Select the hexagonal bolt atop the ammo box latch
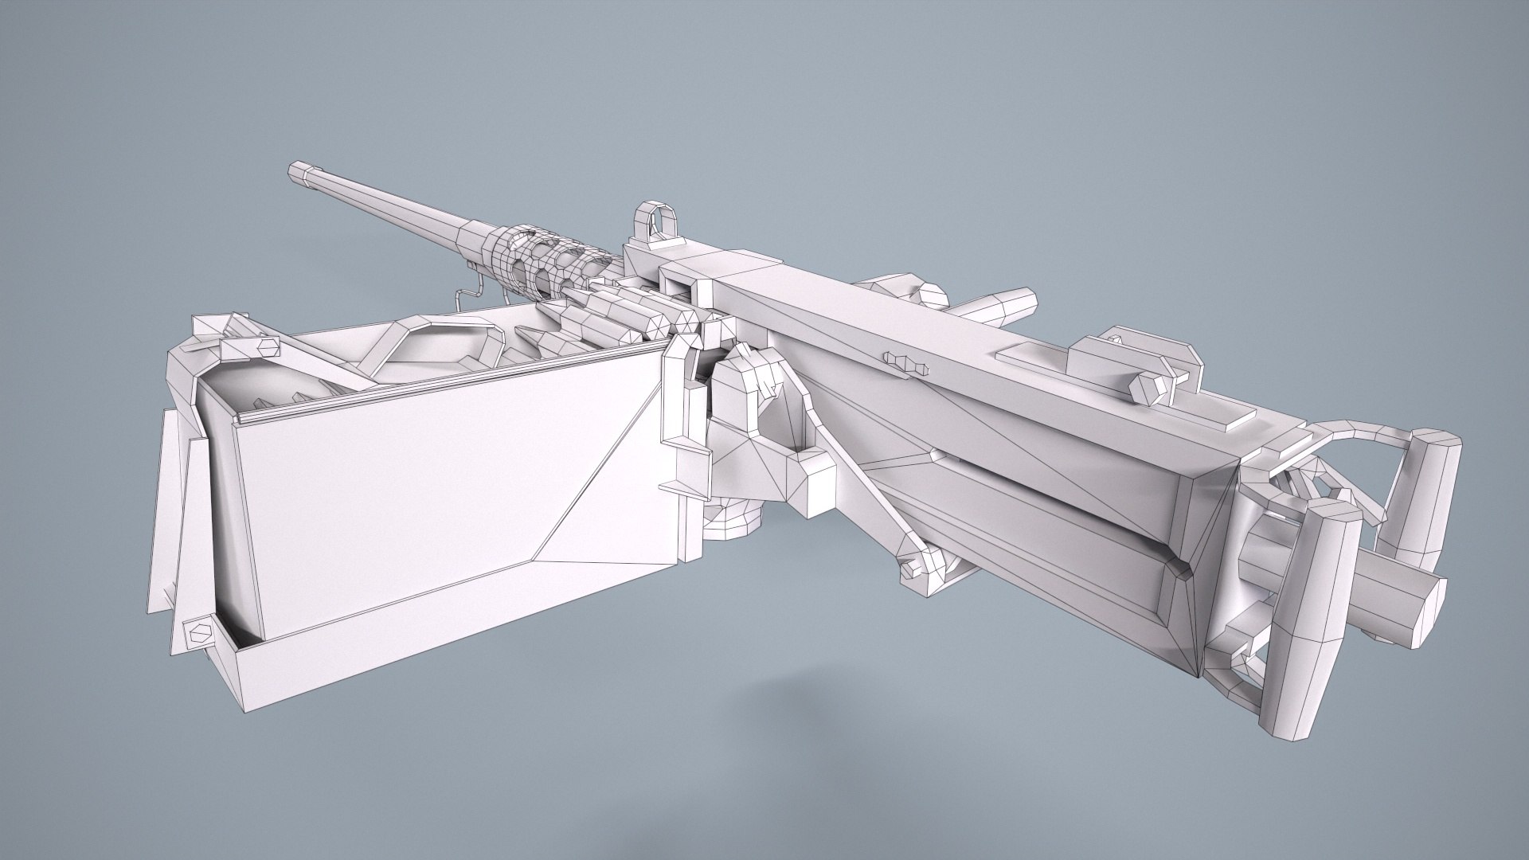pyautogui.click(x=267, y=346)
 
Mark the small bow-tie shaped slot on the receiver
pyautogui.click(x=907, y=363)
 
